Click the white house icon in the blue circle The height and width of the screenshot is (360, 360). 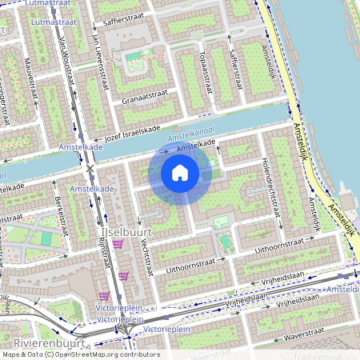click(180, 172)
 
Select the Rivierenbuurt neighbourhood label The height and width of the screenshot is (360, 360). click(38, 341)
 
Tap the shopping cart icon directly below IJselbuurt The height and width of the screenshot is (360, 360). click(118, 244)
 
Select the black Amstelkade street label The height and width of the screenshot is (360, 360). click(197, 145)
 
